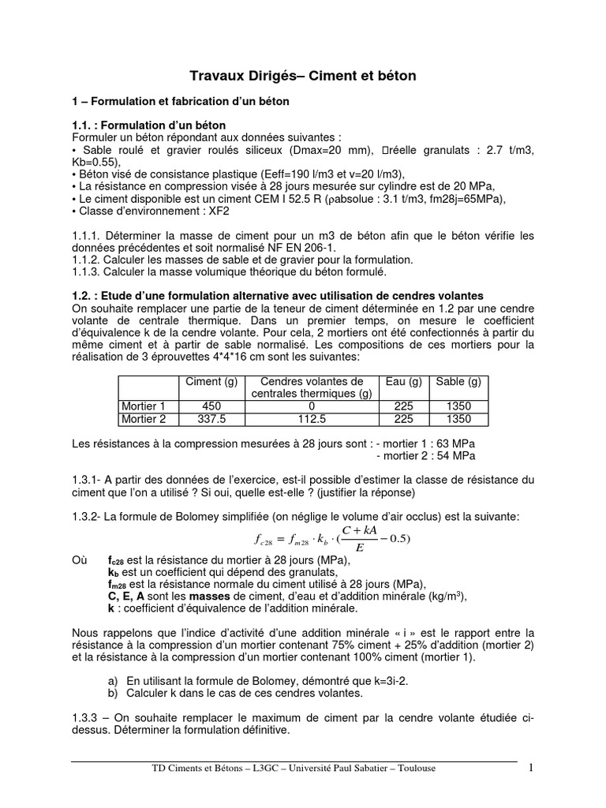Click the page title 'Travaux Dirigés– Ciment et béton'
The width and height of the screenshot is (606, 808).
click(x=303, y=77)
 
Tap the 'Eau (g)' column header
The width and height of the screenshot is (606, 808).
click(x=405, y=382)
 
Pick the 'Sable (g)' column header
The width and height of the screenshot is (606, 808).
click(x=458, y=382)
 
